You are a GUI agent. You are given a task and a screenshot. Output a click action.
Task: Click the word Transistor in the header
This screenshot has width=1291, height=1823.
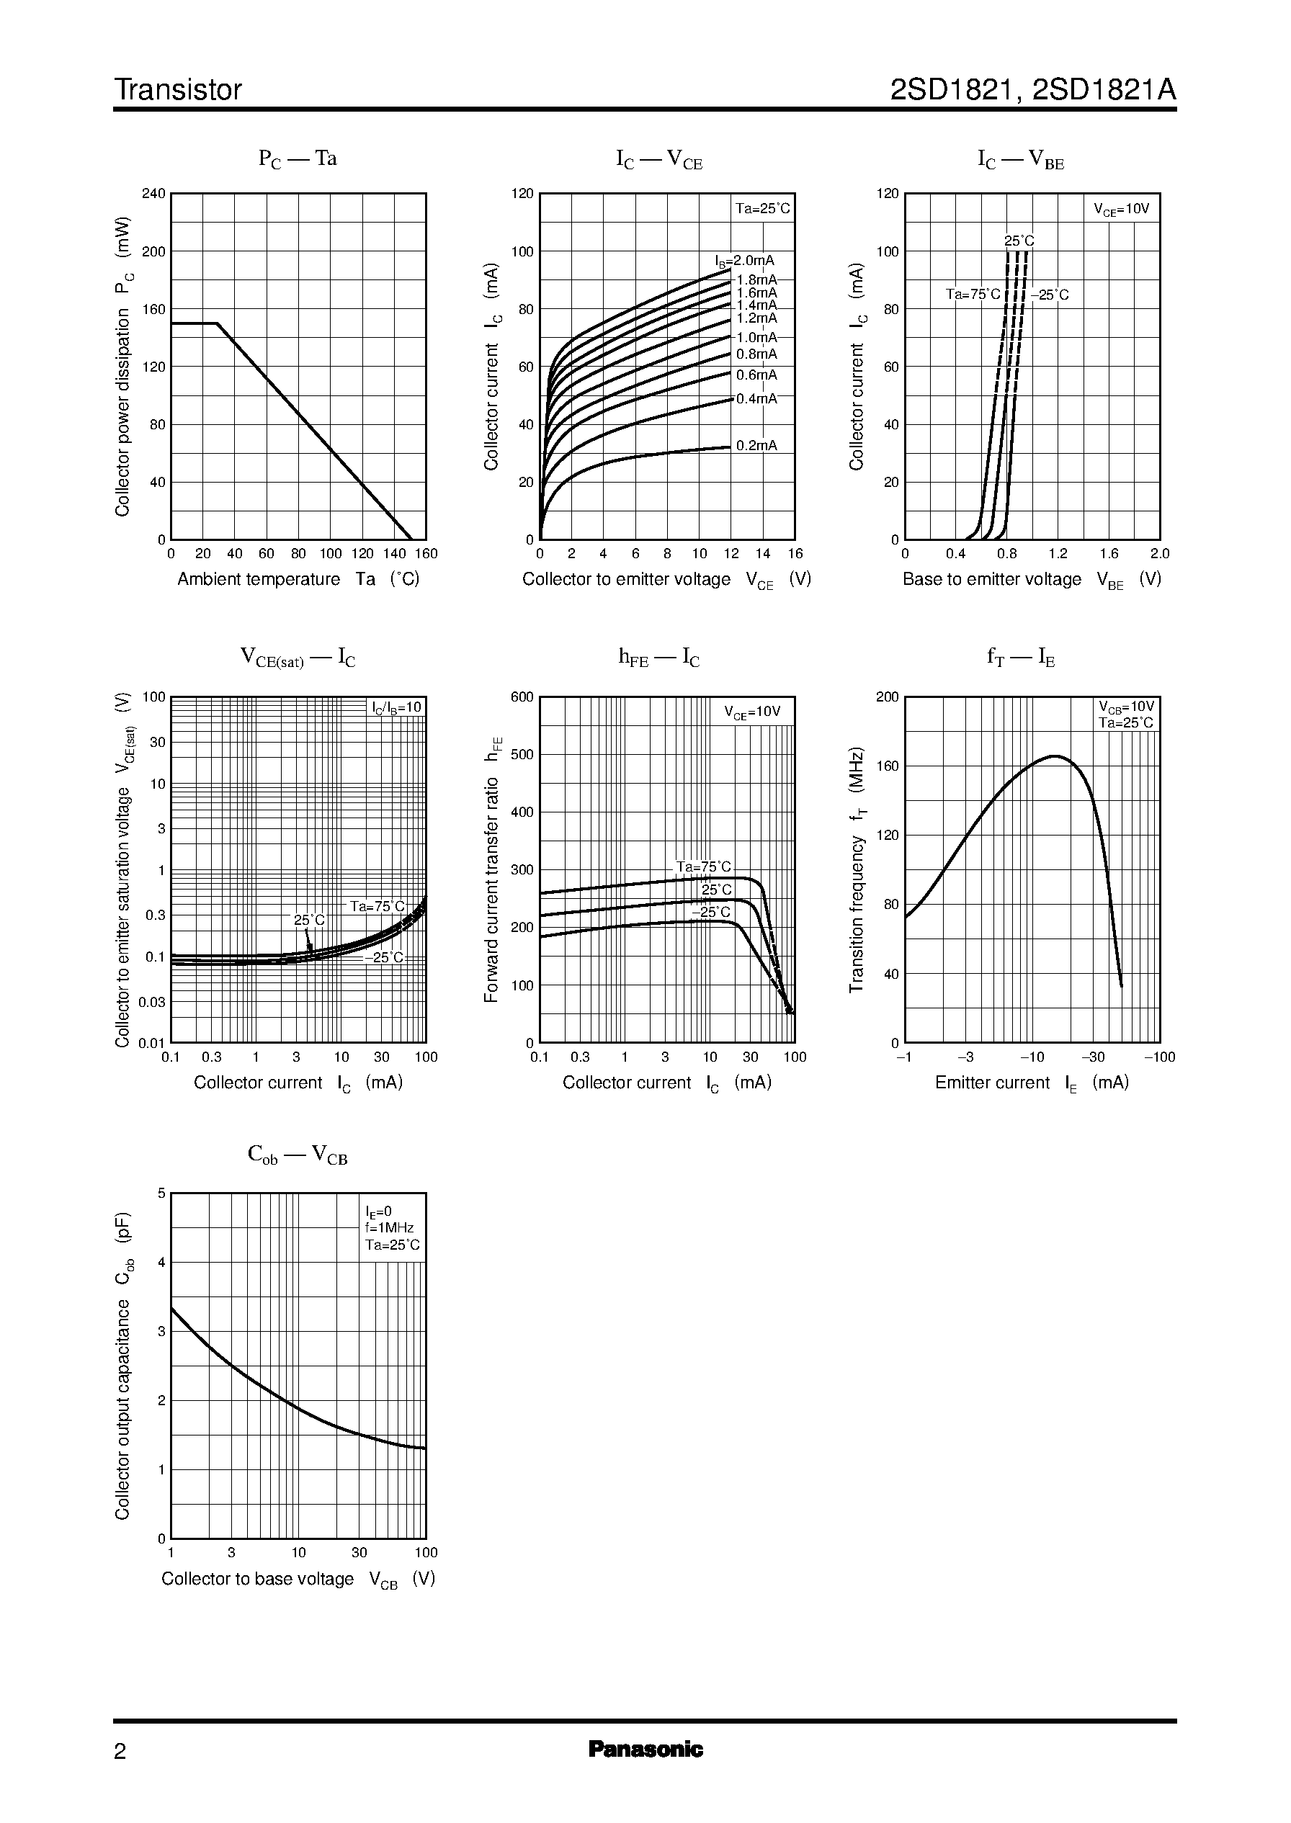click(x=177, y=90)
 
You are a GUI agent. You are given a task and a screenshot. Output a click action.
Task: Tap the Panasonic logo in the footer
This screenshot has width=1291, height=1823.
click(x=645, y=1749)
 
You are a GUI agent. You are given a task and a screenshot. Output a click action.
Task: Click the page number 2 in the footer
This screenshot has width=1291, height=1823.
click(x=120, y=1751)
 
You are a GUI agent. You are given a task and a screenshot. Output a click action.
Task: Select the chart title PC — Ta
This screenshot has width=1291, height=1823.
click(x=298, y=159)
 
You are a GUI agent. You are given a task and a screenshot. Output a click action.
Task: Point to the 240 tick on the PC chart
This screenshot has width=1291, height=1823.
click(x=153, y=193)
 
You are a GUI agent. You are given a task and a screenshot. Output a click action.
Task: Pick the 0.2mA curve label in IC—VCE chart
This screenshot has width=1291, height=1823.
click(x=756, y=446)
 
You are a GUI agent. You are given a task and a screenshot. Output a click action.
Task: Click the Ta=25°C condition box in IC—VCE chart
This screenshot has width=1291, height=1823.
click(x=762, y=209)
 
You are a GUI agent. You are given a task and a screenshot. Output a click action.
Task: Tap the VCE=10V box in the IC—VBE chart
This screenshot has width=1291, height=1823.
click(x=1121, y=210)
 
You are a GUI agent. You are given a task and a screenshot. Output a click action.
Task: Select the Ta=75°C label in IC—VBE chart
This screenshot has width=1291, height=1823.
click(x=973, y=295)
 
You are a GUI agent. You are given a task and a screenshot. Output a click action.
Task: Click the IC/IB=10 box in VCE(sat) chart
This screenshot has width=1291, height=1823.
click(x=397, y=708)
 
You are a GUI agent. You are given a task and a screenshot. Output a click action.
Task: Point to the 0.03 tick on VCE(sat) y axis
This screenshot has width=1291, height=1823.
click(x=152, y=1001)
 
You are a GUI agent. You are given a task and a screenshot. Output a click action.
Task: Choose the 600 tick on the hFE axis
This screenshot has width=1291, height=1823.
click(x=522, y=697)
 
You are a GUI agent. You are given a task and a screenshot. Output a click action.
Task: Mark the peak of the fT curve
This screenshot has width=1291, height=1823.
click(x=1055, y=756)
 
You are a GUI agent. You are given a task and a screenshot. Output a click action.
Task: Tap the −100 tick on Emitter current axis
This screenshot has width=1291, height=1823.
click(x=1159, y=1057)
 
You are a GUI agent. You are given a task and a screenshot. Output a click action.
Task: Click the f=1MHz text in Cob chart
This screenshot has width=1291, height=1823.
click(x=390, y=1228)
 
